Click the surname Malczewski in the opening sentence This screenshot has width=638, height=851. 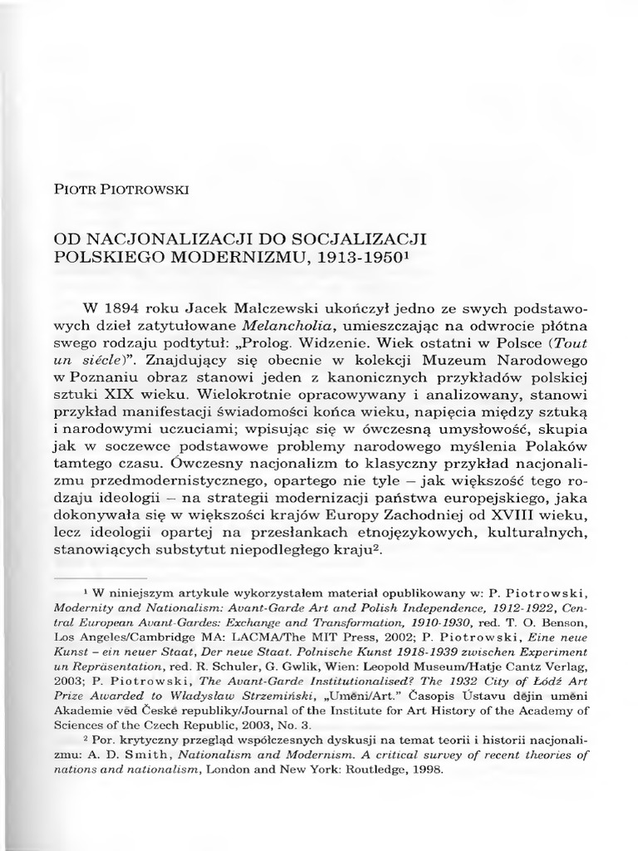click(271, 299)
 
